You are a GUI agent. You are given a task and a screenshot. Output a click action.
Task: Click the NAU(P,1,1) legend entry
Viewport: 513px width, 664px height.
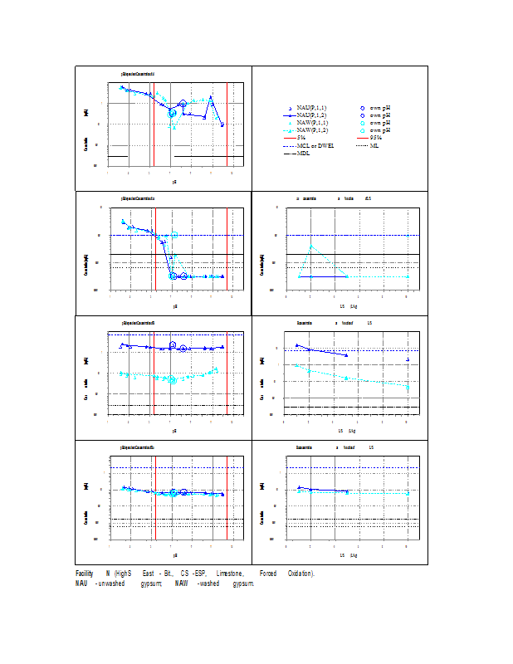coord(311,109)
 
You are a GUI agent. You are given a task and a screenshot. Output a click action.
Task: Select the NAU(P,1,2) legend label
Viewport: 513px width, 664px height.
coord(311,116)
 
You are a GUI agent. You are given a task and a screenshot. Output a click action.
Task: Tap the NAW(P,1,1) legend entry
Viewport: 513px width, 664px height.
coord(311,123)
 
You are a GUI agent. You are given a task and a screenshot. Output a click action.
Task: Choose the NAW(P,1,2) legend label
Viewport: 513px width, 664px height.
coord(311,130)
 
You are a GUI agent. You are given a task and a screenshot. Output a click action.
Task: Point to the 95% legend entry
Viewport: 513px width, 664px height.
coord(376,138)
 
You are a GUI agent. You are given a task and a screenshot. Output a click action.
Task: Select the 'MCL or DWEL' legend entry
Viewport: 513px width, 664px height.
coord(315,145)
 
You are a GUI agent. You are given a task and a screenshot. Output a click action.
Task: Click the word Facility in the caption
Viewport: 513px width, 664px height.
coord(84,574)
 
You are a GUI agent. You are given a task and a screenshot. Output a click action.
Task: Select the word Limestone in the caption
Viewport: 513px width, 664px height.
coord(230,574)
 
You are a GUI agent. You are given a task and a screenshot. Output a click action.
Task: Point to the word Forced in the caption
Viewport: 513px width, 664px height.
coord(268,574)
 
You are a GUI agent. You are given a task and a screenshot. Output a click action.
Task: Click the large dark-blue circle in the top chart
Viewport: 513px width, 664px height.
coord(183,105)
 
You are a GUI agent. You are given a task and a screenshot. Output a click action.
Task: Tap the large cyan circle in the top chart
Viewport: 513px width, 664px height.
coord(172,112)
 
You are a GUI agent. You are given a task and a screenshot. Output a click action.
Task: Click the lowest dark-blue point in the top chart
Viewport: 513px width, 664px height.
coord(222,124)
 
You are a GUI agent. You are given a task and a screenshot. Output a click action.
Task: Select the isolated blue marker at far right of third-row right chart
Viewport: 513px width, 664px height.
coord(408,359)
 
